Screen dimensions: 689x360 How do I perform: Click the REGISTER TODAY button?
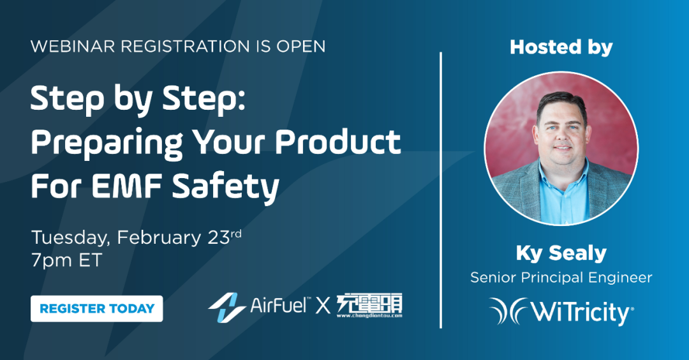click(x=97, y=308)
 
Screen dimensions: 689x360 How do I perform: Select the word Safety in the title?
click(x=226, y=188)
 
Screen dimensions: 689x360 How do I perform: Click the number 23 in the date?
click(x=218, y=238)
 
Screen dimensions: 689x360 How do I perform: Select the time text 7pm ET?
click(x=66, y=260)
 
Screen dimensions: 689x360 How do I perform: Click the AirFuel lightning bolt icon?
click(x=226, y=307)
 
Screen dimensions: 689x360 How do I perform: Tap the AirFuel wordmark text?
click(x=280, y=304)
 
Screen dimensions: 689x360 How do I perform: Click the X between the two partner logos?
click(x=323, y=305)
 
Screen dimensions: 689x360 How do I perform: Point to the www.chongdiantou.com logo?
click(x=369, y=306)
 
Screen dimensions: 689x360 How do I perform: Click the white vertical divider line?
click(x=441, y=190)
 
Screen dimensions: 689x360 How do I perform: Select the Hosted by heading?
click(x=561, y=47)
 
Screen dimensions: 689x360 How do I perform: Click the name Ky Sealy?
click(x=561, y=253)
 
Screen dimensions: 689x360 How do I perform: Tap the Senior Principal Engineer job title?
click(x=561, y=278)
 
